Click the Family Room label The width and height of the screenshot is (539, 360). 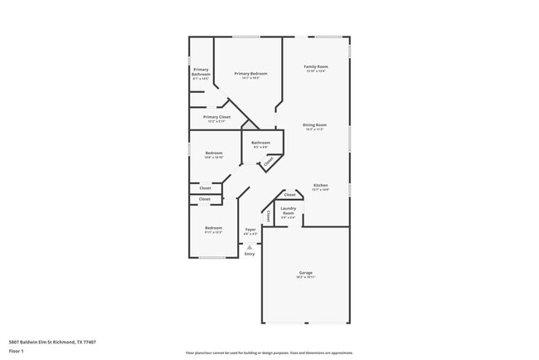pyautogui.click(x=316, y=66)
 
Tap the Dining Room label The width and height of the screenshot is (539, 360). pyautogui.click(x=314, y=125)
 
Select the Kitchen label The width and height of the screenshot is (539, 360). pyautogui.click(x=320, y=185)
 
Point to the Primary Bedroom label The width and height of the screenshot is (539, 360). pyautogui.click(x=250, y=74)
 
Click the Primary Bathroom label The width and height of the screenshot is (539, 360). pyautogui.click(x=201, y=72)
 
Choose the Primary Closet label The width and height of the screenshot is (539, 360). pyautogui.click(x=216, y=118)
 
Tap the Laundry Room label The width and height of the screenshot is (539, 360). pyautogui.click(x=288, y=211)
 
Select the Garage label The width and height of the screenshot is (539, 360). pyautogui.click(x=305, y=272)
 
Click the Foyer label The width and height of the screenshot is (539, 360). pyautogui.click(x=250, y=229)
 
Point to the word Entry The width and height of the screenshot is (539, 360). pyautogui.click(x=250, y=254)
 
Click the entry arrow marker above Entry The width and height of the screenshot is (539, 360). pyautogui.click(x=250, y=246)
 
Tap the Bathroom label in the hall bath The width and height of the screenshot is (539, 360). pyautogui.click(x=261, y=143)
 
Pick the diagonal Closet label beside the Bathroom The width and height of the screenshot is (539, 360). pyautogui.click(x=269, y=162)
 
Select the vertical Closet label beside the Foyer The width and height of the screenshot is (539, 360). pyautogui.click(x=269, y=216)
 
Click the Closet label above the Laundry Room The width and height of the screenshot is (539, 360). pyautogui.click(x=289, y=194)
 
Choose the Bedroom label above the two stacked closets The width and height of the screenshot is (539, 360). pyautogui.click(x=214, y=153)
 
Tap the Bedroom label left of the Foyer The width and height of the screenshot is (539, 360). pyautogui.click(x=214, y=228)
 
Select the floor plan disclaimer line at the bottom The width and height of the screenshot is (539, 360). pyautogui.click(x=269, y=353)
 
